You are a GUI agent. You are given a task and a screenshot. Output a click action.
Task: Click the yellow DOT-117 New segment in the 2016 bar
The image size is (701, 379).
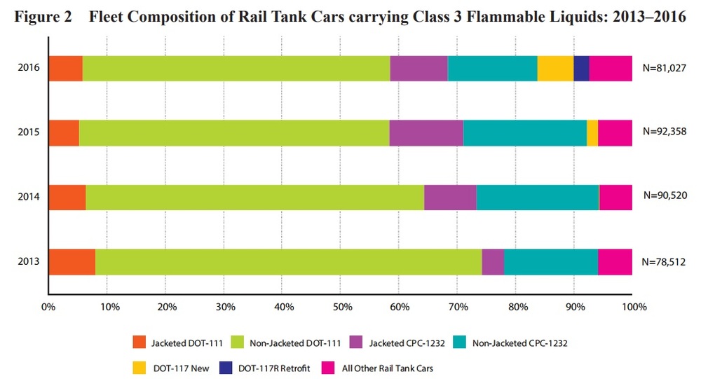(555, 68)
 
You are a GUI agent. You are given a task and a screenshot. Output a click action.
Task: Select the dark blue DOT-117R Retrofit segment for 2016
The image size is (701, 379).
(581, 68)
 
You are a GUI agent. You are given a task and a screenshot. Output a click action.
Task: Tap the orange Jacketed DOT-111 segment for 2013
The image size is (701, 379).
(72, 262)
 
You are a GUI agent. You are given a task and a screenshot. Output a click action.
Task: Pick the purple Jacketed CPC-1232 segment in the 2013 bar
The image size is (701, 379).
(493, 262)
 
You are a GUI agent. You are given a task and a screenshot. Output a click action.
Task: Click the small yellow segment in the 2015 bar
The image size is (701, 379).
(592, 132)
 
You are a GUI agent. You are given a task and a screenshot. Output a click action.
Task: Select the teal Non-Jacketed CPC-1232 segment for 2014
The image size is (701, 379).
(538, 198)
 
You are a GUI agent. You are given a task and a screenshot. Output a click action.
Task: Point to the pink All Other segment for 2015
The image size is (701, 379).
(615, 132)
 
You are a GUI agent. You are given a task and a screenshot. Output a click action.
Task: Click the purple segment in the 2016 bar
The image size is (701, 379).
(418, 68)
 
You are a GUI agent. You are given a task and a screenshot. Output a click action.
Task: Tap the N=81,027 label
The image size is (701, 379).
(663, 68)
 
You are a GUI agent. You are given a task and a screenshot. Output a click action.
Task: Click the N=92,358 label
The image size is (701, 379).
(663, 132)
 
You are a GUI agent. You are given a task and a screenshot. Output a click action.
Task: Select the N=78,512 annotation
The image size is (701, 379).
(663, 262)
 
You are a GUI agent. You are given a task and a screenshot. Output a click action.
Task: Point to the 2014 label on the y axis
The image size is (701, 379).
(29, 198)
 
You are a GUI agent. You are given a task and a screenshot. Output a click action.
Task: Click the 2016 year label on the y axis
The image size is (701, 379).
(29, 68)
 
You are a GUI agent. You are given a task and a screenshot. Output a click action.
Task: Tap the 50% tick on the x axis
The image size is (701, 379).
(341, 306)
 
